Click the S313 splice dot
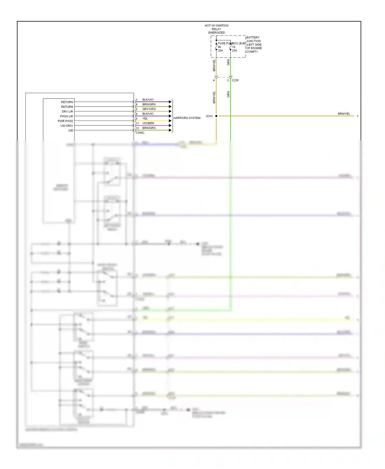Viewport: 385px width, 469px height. pos(216,116)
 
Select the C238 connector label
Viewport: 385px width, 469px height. pos(235,80)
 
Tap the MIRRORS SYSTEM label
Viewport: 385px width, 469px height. pos(187,118)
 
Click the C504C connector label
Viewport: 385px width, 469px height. pos(140,133)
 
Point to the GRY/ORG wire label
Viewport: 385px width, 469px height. pos(149,109)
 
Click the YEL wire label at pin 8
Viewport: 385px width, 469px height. pos(145,119)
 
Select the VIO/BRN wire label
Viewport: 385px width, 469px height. pos(148,123)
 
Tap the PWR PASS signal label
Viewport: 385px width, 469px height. pos(65,121)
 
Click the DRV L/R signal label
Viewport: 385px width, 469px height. pos(67,112)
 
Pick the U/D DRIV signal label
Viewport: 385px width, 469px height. pos(67,126)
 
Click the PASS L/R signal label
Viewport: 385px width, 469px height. pos(66,116)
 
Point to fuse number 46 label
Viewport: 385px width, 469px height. pos(219,47)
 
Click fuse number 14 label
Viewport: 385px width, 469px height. pos(234,47)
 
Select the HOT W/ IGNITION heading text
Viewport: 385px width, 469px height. pos(216,26)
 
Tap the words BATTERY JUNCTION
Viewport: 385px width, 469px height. pos(253,39)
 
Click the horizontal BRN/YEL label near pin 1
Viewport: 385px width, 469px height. pos(344,114)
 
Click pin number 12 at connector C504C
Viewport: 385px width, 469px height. pos(137,128)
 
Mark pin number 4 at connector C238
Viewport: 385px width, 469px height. pos(214,80)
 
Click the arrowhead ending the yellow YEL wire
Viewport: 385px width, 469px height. pos(170,121)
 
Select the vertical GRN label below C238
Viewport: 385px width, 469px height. pos(228,94)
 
